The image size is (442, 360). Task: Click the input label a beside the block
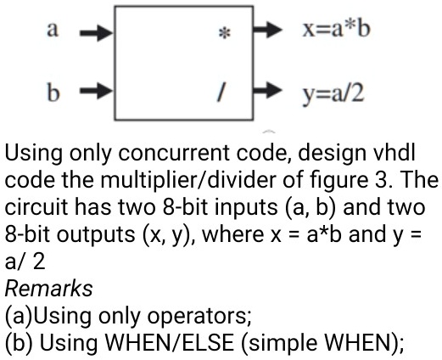pyautogui.click(x=53, y=29)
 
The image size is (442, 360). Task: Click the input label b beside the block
pyautogui.click(x=53, y=92)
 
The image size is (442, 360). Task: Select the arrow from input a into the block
pyautogui.click(x=97, y=33)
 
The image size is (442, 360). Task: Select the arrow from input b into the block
pyautogui.click(x=97, y=91)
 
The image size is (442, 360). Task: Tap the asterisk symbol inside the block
pyautogui.click(x=225, y=33)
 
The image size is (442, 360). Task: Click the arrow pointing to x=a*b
pyautogui.click(x=267, y=30)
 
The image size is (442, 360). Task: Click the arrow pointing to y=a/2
pyautogui.click(x=267, y=90)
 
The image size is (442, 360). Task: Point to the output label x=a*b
pyautogui.click(x=336, y=29)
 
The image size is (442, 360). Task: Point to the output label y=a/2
pyautogui.click(x=333, y=94)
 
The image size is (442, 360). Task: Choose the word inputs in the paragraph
pyautogui.click(x=246, y=207)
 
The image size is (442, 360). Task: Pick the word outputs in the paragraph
pyautogui.click(x=96, y=234)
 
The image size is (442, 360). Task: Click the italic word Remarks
pyautogui.click(x=48, y=289)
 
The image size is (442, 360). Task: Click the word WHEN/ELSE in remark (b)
pyautogui.click(x=170, y=343)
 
